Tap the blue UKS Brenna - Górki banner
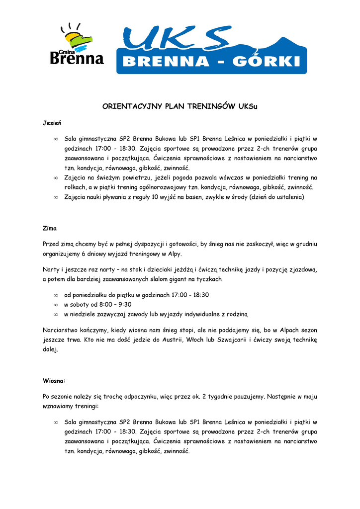[211, 50]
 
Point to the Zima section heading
[50, 229]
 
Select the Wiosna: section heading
[55, 381]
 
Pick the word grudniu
[306, 244]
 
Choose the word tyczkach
[209, 279]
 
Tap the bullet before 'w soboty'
[56, 305]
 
